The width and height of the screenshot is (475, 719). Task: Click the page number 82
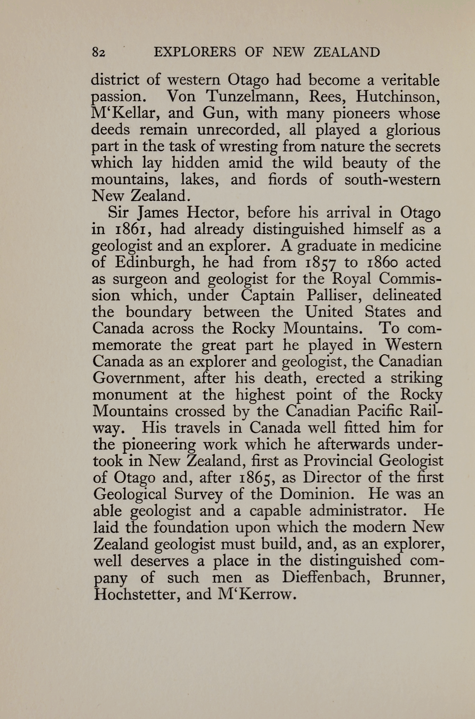point(99,53)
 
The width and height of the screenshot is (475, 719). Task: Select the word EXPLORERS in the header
point(195,53)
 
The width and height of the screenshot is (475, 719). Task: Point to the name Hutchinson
point(398,96)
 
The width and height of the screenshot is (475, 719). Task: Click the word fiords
point(287,179)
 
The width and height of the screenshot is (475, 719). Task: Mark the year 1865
point(257,478)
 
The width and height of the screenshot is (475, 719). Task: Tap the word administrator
point(358,511)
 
